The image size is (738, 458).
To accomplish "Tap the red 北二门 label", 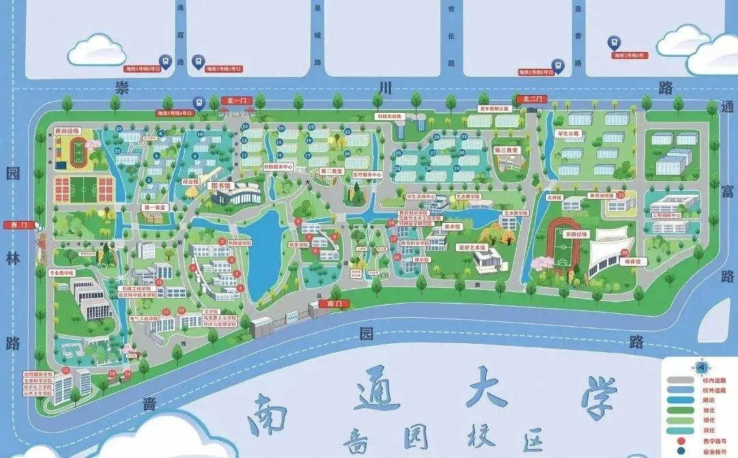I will click(x=531, y=100).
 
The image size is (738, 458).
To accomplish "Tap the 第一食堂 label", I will click(x=154, y=206).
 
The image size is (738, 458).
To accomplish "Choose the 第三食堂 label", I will click(x=506, y=149).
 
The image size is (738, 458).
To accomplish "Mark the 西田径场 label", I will click(x=68, y=130).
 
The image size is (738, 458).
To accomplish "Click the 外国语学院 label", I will click(x=239, y=242).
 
